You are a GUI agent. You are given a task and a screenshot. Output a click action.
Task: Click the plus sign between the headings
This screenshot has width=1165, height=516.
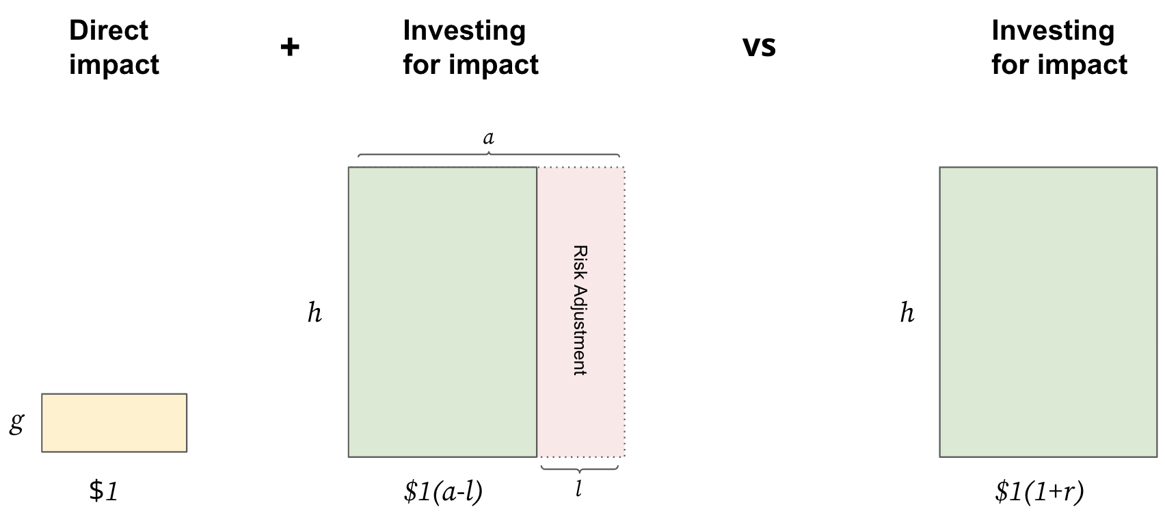coord(290,47)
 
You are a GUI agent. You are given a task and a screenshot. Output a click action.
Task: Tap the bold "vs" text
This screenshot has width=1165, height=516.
coord(759,47)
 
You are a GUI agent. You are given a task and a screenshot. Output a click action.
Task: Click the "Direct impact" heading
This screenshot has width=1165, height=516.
coord(114,47)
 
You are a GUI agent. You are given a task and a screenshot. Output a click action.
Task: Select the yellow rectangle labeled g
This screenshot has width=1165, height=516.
coord(114,423)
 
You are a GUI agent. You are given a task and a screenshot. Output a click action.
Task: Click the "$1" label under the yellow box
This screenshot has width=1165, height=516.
coord(103,491)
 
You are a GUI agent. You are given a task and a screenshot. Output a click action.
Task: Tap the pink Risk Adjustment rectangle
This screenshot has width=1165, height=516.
coord(581,312)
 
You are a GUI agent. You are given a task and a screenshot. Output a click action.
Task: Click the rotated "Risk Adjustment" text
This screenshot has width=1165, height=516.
coord(580,310)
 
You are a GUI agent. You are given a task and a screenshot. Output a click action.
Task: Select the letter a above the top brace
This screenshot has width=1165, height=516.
coord(488,138)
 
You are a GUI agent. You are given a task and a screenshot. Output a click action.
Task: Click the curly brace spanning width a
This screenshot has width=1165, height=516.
coord(488,154)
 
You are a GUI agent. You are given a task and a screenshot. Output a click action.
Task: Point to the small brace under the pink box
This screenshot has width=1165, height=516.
coord(579,469)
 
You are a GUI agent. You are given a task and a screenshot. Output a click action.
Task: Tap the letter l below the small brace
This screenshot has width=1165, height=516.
coord(578,489)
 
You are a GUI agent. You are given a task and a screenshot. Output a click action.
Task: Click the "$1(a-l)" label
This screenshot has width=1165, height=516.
coord(443,491)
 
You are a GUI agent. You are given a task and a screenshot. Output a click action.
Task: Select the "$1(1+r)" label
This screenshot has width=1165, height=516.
coord(1039,491)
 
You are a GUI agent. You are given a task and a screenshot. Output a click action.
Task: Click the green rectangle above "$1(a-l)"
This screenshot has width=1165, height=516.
coord(442,312)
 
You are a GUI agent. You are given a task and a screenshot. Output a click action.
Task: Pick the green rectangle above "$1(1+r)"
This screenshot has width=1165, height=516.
coord(1048,312)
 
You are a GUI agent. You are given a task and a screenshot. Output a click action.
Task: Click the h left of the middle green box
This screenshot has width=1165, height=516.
coord(314,313)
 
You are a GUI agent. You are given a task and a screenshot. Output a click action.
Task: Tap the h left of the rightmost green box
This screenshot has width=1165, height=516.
coord(907,313)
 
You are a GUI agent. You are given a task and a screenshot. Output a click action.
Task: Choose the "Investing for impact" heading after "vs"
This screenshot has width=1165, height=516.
coord(1059,47)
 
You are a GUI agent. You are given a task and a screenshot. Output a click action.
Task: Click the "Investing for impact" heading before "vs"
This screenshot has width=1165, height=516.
coord(470,47)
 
